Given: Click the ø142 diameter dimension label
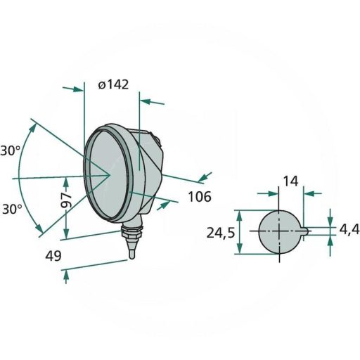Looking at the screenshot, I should pos(113,85).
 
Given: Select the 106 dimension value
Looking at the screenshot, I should pos(200,196).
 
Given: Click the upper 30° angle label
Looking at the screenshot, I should pos(11,150).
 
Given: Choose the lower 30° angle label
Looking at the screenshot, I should pos(11,209).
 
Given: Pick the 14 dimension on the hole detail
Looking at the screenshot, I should pos(290,181).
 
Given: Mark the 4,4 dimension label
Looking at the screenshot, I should pos(349,229).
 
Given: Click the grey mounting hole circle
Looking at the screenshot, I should pos(278,231).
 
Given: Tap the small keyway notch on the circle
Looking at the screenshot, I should pos(303,231).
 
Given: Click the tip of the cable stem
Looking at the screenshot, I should pos(132,258).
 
